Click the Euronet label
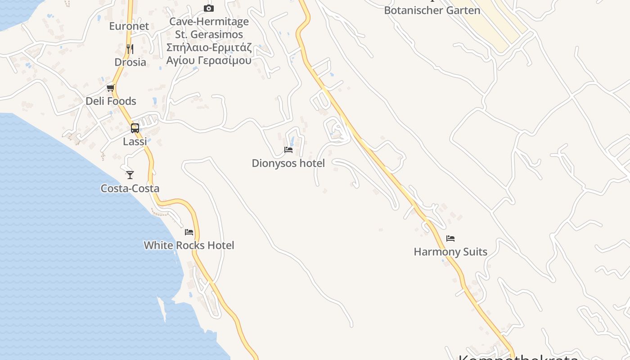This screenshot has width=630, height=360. tap(129, 26)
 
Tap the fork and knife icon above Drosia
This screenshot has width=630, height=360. tap(130, 49)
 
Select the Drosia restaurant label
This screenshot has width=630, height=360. tap(130, 62)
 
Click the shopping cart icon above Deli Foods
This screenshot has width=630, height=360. tap(110, 88)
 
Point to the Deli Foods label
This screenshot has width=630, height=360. tap(111, 101)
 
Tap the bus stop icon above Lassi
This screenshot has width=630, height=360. tap(135, 128)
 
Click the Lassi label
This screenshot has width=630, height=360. tap(135, 141)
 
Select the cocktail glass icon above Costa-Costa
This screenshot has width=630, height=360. tap(130, 175)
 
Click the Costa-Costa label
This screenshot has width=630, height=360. tap(130, 188)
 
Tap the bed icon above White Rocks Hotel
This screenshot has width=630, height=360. tap(189, 232)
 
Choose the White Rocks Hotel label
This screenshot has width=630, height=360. tap(189, 245)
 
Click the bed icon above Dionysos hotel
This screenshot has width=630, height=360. tap(288, 149)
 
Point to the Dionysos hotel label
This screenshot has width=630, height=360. tap(288, 163)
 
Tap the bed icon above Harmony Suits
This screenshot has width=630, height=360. tap(450, 238)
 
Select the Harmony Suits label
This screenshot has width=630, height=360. tap(450, 252)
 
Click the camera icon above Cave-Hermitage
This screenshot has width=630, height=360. tap(209, 8)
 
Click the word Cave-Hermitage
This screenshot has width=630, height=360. tap(209, 21)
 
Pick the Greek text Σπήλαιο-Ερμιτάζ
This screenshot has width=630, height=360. tap(209, 47)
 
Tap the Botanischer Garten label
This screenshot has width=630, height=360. tap(432, 10)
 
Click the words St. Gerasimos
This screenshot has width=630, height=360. tap(209, 34)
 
